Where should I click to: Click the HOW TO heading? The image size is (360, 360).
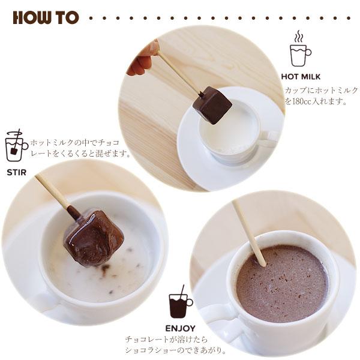tap(46, 17)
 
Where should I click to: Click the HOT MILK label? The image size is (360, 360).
tap(301, 77)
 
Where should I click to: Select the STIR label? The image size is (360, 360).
tap(16, 172)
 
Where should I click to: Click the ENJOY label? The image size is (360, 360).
tap(180, 328)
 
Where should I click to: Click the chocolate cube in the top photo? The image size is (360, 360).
tap(212, 105)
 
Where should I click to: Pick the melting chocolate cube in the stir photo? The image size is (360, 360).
tap(92, 237)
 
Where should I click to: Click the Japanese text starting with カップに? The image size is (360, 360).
tap(321, 90)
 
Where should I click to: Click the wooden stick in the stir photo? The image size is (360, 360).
tap(54, 192)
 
